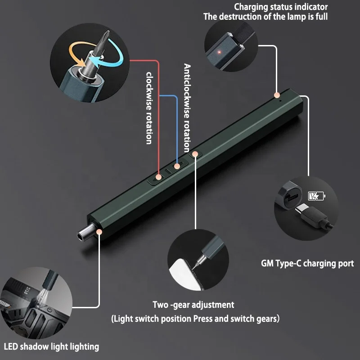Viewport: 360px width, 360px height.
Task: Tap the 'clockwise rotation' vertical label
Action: (x=149, y=108)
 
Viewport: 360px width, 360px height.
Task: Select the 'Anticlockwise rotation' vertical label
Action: (x=187, y=97)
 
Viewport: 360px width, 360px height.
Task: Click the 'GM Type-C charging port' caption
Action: (x=307, y=264)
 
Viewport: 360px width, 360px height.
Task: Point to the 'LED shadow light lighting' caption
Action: (x=51, y=346)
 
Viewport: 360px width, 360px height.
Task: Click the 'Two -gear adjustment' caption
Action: (x=193, y=305)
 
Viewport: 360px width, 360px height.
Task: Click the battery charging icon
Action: (x=315, y=196)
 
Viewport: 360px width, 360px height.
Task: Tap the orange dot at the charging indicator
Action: (x=277, y=95)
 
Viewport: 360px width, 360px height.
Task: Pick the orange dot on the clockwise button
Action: (x=158, y=177)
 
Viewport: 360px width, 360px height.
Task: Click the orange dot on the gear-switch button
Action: (x=195, y=153)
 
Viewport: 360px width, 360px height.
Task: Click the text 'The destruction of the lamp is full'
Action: (x=265, y=17)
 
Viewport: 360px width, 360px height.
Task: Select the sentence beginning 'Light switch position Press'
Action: (x=196, y=319)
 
